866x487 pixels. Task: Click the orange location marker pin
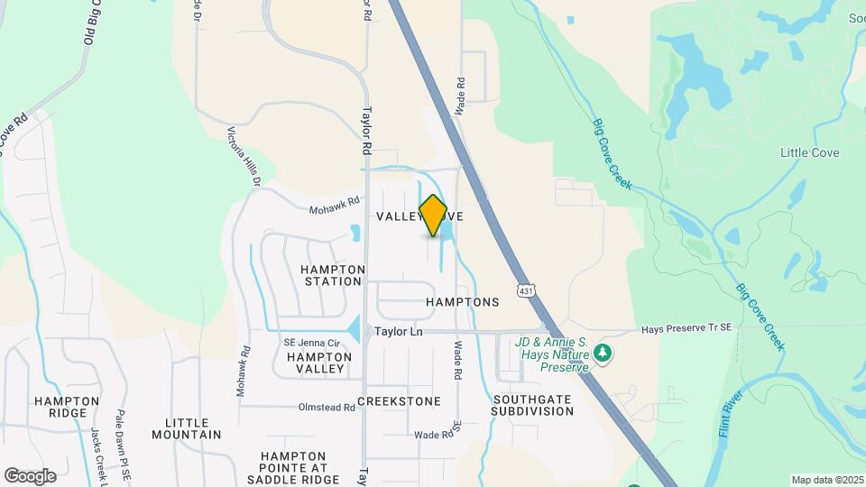[433, 215]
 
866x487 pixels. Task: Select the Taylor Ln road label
[398, 331]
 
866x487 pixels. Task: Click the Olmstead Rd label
[327, 408]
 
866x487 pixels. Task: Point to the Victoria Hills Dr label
[244, 156]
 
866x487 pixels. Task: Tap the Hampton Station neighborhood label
[333, 275]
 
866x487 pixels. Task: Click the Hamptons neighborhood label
[462, 302]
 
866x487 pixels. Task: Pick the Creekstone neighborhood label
[399, 400]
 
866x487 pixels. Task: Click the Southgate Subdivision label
[532, 404]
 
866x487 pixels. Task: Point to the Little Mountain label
[193, 428]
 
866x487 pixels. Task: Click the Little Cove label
[809, 153]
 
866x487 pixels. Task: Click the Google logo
[30, 475]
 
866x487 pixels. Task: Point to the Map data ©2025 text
[826, 480]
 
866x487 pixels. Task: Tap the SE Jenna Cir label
[312, 343]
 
